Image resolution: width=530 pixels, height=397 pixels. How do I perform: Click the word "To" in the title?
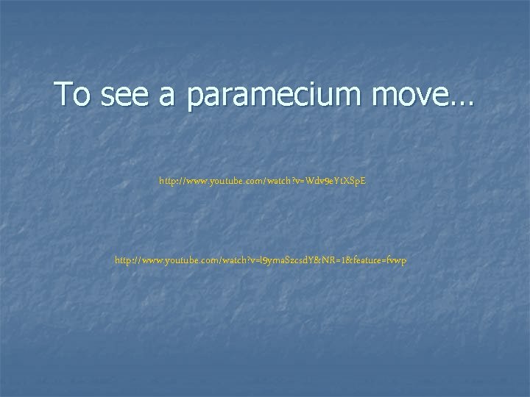pos(71,95)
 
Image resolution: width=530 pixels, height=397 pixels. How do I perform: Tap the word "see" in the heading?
pos(120,95)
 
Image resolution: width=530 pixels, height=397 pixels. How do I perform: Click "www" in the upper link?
pos(198,180)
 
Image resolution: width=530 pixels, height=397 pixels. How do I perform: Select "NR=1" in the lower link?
pos(338,261)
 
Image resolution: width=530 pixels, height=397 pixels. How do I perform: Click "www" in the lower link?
pos(154,261)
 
